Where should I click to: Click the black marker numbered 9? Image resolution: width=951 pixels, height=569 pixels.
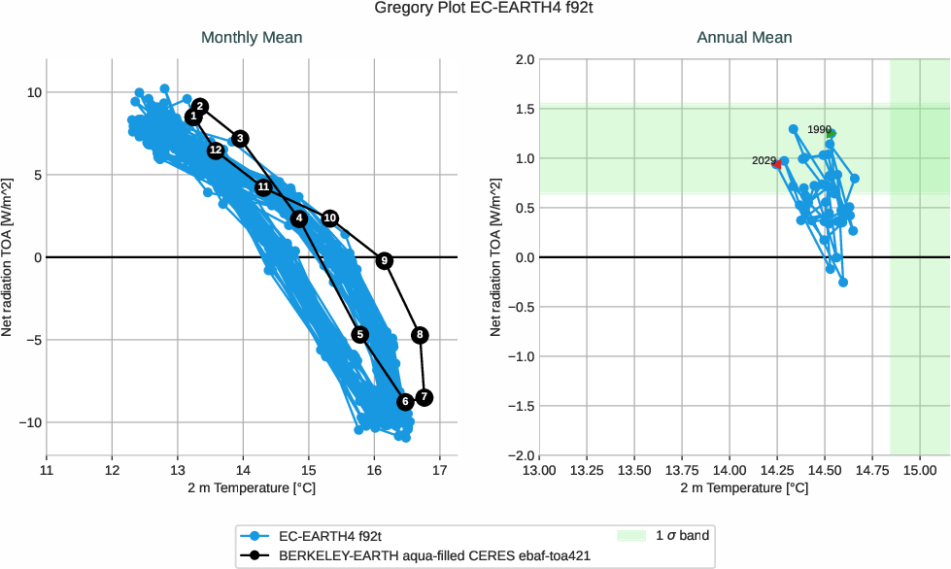coord(385,260)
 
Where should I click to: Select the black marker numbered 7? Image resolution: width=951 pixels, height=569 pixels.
coord(424,398)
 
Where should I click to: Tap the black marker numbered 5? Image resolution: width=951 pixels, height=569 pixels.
coord(360,334)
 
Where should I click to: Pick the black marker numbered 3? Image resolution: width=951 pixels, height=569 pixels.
coord(241,138)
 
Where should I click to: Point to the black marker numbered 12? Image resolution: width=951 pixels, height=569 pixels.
coord(216,151)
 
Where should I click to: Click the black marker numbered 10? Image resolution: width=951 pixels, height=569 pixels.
coord(330,218)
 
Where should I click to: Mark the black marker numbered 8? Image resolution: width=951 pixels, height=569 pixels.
coord(420,335)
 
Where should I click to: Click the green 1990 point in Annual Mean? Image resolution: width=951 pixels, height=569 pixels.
coord(832,134)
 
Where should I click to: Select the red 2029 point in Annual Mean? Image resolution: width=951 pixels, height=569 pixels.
coord(776,164)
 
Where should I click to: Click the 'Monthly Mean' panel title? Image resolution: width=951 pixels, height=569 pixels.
coord(252,38)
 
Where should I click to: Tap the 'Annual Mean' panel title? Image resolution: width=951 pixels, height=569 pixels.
coord(744,38)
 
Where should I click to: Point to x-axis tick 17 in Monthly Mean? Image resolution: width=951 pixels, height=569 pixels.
coord(440,470)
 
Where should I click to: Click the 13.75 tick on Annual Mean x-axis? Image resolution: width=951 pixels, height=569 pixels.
coord(682,470)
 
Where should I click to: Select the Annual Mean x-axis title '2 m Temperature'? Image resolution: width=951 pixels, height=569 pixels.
coord(744,487)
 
